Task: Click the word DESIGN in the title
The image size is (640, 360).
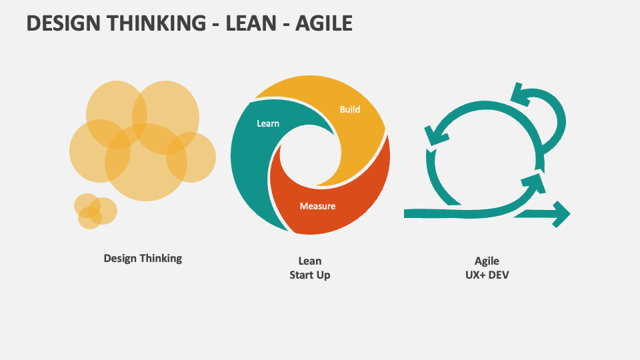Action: coord(63,23)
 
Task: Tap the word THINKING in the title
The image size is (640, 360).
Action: coord(157,23)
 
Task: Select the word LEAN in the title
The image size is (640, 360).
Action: coord(251,23)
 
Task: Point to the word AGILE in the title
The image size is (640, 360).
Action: coord(324,23)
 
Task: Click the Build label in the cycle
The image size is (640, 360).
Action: coord(350,109)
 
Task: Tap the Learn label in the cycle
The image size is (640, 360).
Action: coord(268,123)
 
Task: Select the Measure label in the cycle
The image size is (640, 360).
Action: coord(317,206)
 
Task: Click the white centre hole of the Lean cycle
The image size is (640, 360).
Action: coord(310,155)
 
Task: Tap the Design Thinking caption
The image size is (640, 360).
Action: coord(143,259)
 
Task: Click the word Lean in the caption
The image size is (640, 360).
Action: coord(310,261)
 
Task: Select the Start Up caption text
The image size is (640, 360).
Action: coord(310,275)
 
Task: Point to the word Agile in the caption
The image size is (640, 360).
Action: coord(487,261)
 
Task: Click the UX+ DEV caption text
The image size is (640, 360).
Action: coord(487,275)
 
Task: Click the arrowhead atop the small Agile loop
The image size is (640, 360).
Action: coord(521,95)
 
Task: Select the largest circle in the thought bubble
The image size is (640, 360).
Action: coord(146,162)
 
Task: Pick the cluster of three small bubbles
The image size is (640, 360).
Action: coord(95,211)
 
